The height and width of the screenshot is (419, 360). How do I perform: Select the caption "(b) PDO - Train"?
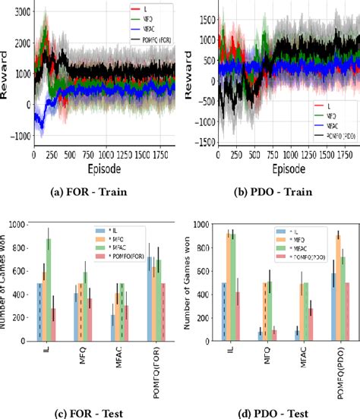tap(271, 193)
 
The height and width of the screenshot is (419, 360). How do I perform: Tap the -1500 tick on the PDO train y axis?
tap(201, 143)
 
